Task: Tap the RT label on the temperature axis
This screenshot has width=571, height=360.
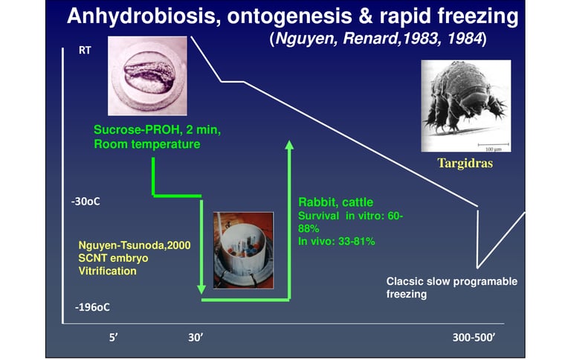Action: (85, 50)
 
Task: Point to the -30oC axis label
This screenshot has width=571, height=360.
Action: (86, 202)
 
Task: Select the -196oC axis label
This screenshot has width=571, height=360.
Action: (92, 307)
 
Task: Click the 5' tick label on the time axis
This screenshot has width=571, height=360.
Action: (114, 338)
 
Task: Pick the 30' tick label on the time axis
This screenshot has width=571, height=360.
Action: (196, 338)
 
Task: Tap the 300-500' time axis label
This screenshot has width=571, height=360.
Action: (474, 338)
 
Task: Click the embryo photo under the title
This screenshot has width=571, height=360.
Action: (147, 76)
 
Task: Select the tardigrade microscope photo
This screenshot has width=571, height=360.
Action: (466, 106)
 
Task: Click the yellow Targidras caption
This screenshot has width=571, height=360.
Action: (465, 163)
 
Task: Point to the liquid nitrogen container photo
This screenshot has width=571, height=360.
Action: (243, 251)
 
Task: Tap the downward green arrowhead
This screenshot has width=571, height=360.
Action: (201, 289)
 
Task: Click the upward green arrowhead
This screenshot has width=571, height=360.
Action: (289, 145)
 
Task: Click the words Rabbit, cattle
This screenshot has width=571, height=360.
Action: (336, 202)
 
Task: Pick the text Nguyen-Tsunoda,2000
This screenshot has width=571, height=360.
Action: (135, 245)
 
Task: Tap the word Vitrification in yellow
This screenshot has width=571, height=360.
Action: (107, 271)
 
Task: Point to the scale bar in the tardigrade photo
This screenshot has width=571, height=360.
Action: (493, 144)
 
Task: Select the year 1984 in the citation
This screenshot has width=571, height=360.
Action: (465, 38)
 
